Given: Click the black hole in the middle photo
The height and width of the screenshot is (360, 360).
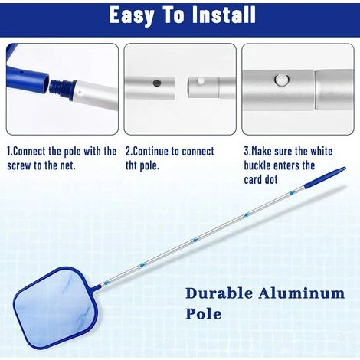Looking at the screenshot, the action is coord(156,83).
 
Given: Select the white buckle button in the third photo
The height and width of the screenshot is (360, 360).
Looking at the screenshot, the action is coord(282,80).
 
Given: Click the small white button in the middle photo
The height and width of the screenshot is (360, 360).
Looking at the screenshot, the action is coord(201,81).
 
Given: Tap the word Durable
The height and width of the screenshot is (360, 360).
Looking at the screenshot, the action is coord(219,293).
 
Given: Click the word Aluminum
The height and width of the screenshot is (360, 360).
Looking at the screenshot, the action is coord(302,293).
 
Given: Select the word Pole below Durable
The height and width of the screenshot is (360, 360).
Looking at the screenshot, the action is coord(204,314).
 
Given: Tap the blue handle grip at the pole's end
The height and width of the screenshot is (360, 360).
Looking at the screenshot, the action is coord(325,178).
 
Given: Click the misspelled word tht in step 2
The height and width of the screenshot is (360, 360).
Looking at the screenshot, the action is coord(132,166).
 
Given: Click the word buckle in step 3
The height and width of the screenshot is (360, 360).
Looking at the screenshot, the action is coord(259,165).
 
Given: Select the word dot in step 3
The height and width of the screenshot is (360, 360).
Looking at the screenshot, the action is coord(271,180).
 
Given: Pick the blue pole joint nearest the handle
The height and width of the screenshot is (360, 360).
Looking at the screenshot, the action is coord(292,193).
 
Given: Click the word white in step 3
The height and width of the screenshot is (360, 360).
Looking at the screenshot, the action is coord(321,152).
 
